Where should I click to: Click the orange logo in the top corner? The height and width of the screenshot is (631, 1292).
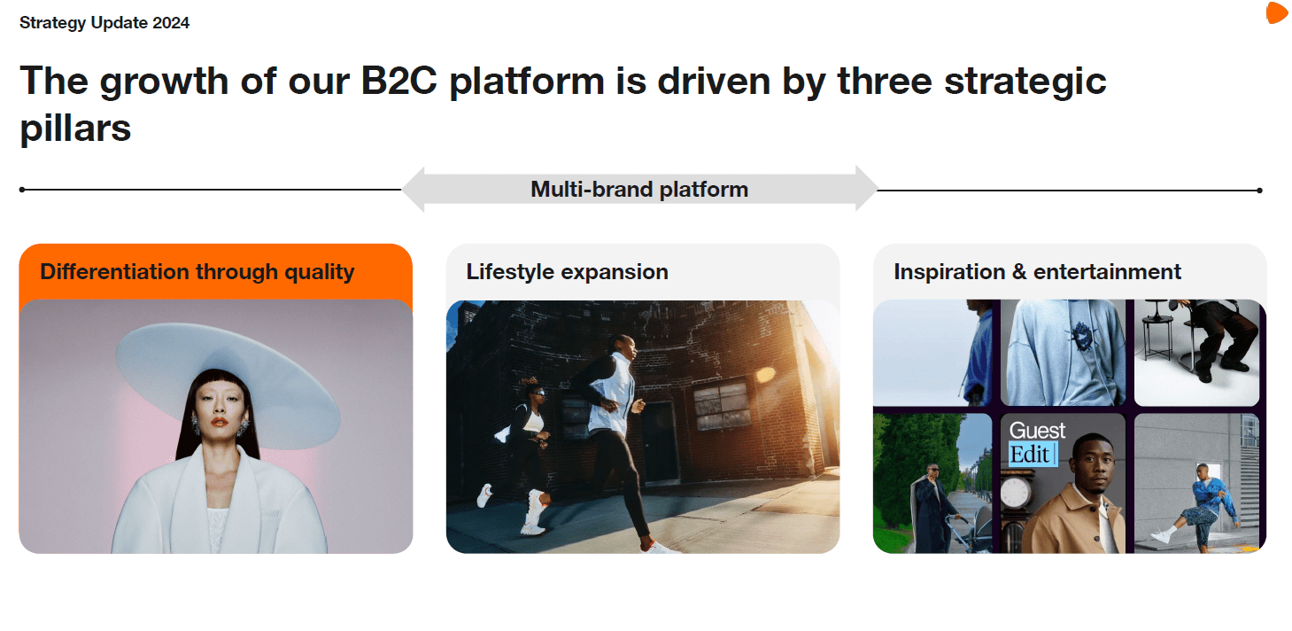(x=1277, y=12)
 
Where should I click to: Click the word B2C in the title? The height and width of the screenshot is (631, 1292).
(x=398, y=81)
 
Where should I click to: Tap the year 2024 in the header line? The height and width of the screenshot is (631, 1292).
(x=171, y=22)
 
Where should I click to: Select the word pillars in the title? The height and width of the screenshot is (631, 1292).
(x=75, y=129)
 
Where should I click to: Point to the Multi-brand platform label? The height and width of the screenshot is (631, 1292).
(x=639, y=190)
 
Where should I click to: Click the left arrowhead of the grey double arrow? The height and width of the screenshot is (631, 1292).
(x=414, y=190)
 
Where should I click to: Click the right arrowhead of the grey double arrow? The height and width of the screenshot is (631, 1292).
(x=867, y=189)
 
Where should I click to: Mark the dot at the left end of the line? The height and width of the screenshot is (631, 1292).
(x=22, y=190)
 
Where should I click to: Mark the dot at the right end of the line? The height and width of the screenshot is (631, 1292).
(x=1260, y=190)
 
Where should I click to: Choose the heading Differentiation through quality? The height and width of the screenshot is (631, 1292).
(x=197, y=271)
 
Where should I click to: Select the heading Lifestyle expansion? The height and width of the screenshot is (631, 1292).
(x=567, y=271)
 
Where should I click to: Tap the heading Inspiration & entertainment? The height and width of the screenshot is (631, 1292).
(x=1037, y=271)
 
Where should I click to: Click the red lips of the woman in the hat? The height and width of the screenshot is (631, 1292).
(x=220, y=421)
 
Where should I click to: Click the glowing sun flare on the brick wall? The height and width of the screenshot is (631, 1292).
(x=765, y=375)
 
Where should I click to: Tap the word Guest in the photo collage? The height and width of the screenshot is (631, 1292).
(x=1037, y=431)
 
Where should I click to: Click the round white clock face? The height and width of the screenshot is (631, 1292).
(x=1015, y=494)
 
